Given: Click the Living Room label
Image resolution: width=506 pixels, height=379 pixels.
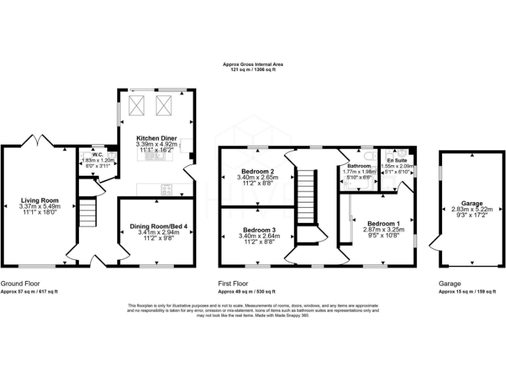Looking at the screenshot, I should coord(40,201).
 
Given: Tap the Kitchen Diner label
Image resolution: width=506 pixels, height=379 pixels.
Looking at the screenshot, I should coord(156,138).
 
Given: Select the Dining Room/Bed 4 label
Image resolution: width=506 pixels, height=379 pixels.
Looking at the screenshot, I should coord(156,226).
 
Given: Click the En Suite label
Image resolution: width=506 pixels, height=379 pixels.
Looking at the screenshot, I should coord(397,161).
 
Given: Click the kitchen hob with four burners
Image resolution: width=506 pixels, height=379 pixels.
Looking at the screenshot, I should coord(167,189).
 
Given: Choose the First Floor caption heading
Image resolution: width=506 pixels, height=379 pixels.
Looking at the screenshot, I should coord(235,283).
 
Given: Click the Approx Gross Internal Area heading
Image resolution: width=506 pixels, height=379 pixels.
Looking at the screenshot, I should coord(252,64).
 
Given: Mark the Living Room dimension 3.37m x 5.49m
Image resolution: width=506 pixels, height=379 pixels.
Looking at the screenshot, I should coord(40,207).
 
